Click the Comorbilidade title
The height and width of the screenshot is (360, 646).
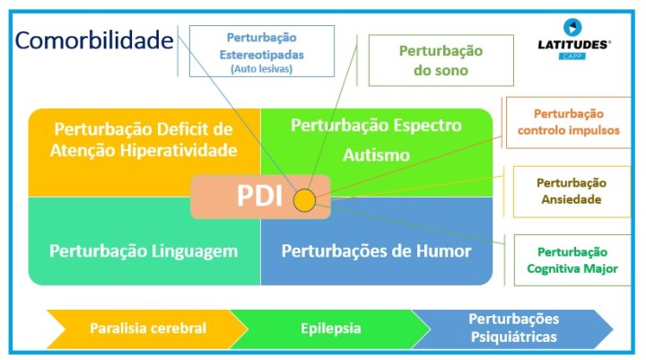click(94, 40)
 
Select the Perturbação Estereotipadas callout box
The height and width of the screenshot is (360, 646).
click(261, 51)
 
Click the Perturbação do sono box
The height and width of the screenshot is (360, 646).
click(441, 60)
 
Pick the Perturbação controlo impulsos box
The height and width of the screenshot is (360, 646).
click(568, 122)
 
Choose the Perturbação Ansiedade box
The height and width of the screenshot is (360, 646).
click(571, 191)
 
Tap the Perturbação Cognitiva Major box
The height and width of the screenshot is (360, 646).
click(572, 260)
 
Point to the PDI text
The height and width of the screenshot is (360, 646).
click(259, 198)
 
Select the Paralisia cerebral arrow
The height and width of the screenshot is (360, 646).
click(148, 329)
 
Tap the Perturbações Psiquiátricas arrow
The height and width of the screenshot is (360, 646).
click(513, 328)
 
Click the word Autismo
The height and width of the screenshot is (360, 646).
click(376, 155)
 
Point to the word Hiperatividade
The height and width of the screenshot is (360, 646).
click(183, 149)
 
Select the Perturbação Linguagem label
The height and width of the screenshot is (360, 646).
click(144, 251)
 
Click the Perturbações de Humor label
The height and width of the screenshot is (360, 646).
click(376, 251)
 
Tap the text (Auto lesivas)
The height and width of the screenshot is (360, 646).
click(261, 68)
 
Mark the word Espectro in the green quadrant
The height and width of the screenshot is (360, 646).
click(423, 125)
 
